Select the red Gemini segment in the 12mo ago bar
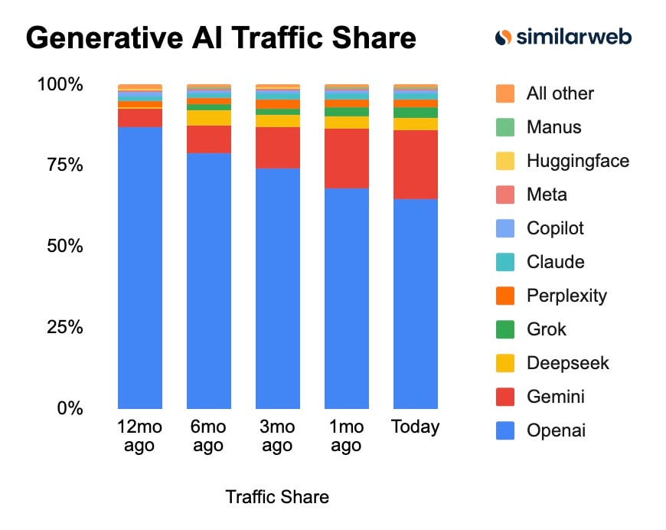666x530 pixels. (x=140, y=118)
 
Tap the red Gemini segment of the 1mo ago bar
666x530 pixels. (x=347, y=159)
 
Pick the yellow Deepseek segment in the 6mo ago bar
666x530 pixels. (x=209, y=118)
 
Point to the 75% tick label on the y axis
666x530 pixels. (x=60, y=165)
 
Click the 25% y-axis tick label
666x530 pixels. (x=60, y=328)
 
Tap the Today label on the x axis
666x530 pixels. (x=416, y=427)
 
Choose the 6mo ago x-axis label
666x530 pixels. (x=208, y=437)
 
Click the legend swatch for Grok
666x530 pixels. (x=505, y=329)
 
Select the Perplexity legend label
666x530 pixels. (x=566, y=296)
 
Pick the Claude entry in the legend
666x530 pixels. (x=555, y=262)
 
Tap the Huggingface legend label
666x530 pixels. (x=577, y=161)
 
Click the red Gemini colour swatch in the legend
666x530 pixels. (x=505, y=397)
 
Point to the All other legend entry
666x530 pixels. (x=560, y=93)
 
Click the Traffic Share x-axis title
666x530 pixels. (x=277, y=497)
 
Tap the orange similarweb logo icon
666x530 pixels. (x=503, y=38)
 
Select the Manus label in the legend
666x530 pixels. (x=553, y=127)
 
